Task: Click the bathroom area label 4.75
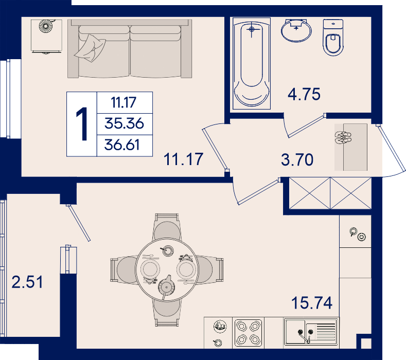304,94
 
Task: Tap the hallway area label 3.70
297,159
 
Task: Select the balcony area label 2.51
27,282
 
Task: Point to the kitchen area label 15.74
312,303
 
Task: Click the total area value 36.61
122,145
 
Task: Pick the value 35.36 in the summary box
124,123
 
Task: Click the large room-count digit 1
82,124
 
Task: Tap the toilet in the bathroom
333,38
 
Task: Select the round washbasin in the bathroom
296,30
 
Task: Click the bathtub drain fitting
252,29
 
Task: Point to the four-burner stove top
249,333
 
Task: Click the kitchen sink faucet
305,336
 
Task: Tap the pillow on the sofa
90,48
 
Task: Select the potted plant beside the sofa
46,25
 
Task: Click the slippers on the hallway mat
343,137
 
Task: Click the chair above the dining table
167,226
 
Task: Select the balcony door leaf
78,223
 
